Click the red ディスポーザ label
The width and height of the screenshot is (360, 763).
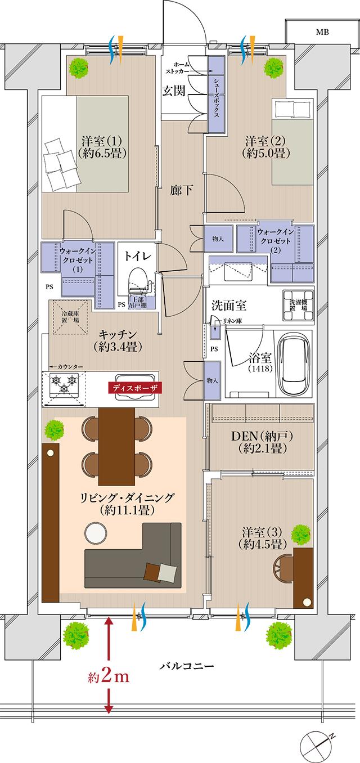coord(135,388)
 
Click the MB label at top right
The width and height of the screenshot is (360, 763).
coord(322,33)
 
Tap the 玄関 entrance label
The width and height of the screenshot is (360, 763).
coord(174,91)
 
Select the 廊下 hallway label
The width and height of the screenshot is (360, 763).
coord(181,191)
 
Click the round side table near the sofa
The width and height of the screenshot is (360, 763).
coord(95,532)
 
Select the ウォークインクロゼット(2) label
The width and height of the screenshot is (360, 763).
coord(276,240)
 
